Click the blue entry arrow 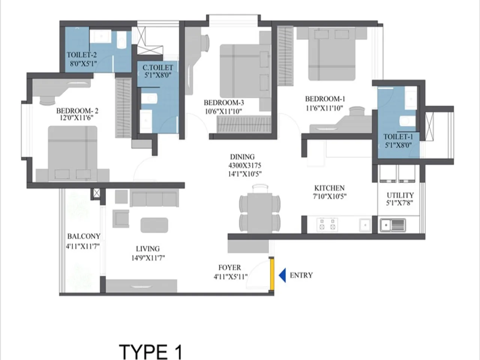coord(282,275)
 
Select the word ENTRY coord(301,275)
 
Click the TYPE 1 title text coord(151,352)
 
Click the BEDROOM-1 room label coord(325,99)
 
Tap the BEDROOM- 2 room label coord(77,111)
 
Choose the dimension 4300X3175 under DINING coord(245,165)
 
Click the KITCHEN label coord(329,188)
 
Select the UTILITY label coord(400,195)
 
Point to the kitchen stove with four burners coord(327,225)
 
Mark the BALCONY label coord(84,236)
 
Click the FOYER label coord(229,268)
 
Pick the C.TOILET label coord(158,68)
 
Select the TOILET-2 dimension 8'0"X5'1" coord(84,63)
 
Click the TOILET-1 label coord(398,137)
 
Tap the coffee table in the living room coord(154,225)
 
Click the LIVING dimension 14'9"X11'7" coord(148,258)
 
